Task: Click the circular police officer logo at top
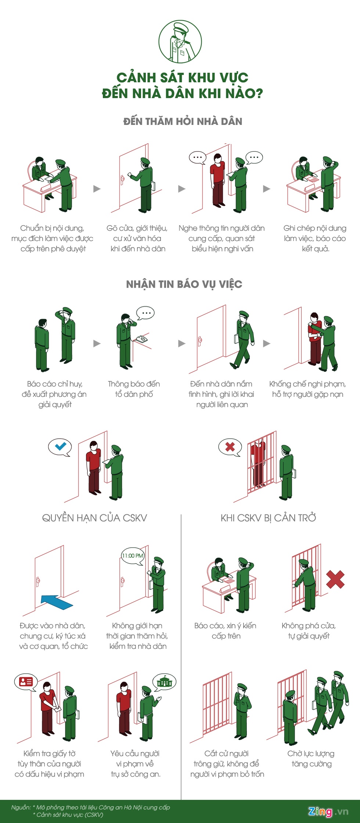[x=180, y=42]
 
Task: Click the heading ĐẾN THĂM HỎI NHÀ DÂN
[x=183, y=122]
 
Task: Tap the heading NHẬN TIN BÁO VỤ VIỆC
[x=184, y=284]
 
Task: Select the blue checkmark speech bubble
[x=60, y=447]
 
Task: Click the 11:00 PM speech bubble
[x=133, y=556]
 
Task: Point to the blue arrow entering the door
[x=57, y=602]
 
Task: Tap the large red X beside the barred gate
[x=335, y=579]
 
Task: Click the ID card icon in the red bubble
[x=26, y=682]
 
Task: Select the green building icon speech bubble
[x=164, y=682]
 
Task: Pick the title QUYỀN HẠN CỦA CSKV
[x=94, y=518]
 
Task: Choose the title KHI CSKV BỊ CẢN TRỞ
[x=268, y=518]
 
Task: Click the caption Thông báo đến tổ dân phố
[x=134, y=389]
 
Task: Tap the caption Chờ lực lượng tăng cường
[x=311, y=759]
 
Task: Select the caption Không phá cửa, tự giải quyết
[x=309, y=631]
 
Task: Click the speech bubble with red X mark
[x=230, y=447]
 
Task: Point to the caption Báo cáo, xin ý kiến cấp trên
[x=226, y=631]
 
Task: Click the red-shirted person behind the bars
[x=258, y=463]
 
